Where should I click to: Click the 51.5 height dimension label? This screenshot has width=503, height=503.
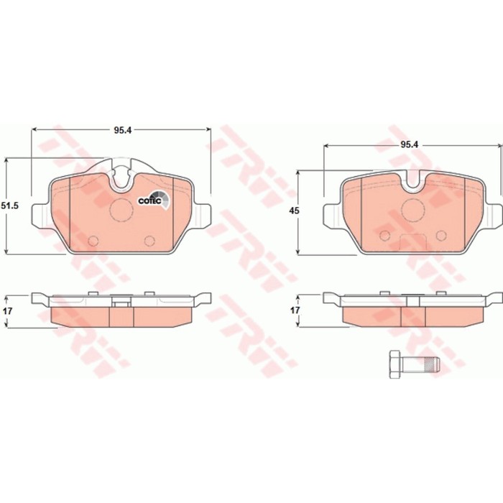(10, 206)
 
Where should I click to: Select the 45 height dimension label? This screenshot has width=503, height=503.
(294, 211)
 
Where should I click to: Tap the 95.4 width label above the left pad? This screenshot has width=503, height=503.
(123, 130)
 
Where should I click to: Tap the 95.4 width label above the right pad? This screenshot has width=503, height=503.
(410, 144)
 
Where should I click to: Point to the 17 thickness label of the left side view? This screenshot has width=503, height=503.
(7, 311)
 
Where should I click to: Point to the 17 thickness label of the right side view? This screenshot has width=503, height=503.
(295, 310)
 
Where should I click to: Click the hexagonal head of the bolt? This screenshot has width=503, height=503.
(395, 364)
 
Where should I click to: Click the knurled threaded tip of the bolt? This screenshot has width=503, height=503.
(432, 364)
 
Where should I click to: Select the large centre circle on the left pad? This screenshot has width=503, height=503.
(121, 210)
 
